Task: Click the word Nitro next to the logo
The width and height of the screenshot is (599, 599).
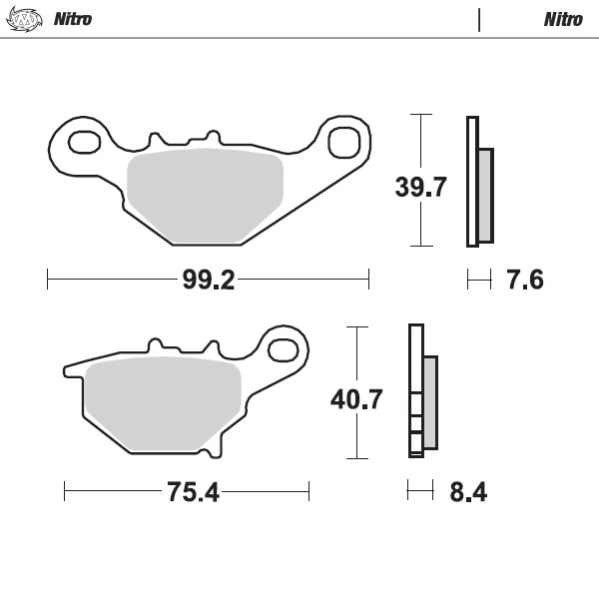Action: [x=73, y=19]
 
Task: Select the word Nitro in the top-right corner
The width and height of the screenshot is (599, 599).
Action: [x=564, y=19]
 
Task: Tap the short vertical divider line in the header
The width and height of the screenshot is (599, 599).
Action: [x=480, y=19]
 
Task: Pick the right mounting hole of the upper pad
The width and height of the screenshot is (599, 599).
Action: [x=342, y=140]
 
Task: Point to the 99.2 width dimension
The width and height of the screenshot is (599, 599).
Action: [x=208, y=281]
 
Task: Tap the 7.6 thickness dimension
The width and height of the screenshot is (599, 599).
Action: [x=524, y=281]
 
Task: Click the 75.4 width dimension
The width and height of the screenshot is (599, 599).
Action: [x=186, y=491]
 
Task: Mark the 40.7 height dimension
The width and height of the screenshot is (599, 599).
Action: [x=356, y=399]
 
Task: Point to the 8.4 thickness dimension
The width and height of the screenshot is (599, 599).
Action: [x=468, y=491]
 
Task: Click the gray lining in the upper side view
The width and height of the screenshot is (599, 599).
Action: [x=486, y=195]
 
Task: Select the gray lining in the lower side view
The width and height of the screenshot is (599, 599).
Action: [x=430, y=401]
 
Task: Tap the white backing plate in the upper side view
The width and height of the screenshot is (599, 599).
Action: [x=472, y=181]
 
